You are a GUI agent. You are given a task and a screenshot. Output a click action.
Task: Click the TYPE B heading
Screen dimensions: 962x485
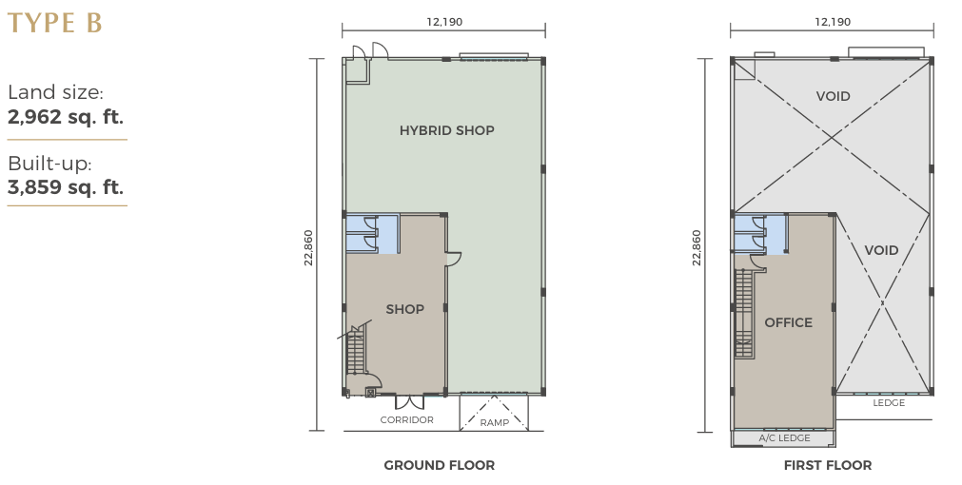point(54,23)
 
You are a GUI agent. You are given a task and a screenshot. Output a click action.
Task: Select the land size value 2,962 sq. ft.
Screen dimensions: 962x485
point(66,117)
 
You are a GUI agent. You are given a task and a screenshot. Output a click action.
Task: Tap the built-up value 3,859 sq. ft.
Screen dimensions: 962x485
point(66,187)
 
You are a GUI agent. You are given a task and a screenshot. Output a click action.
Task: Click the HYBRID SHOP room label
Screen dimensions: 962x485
point(446,130)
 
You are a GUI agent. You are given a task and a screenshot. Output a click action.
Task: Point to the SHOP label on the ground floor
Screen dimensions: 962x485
point(405,309)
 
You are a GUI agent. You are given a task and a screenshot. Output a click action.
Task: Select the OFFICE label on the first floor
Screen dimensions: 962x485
point(789,322)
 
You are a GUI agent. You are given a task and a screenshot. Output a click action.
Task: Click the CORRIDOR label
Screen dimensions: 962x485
point(406,420)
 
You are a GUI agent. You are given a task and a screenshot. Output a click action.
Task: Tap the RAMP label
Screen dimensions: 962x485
point(495,422)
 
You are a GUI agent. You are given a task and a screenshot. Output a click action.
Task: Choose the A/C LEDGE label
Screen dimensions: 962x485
point(785,437)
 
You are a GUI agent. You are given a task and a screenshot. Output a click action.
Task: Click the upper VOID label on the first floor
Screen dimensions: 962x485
point(834,96)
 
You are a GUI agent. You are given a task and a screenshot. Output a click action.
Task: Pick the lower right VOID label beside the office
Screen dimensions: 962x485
point(882,250)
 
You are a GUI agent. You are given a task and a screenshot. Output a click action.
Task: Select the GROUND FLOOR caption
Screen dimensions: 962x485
point(440,465)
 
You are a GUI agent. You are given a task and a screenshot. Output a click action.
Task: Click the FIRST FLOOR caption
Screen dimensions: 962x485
point(828,465)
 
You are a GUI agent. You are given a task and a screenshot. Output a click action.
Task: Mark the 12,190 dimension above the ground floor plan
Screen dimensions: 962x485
point(444,22)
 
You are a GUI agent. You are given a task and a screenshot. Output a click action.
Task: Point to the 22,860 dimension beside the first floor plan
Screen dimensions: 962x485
point(697,247)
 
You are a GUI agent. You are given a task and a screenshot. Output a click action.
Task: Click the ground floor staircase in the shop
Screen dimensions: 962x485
point(356,350)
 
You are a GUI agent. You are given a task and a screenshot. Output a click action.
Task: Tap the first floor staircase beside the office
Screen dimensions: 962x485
point(743,313)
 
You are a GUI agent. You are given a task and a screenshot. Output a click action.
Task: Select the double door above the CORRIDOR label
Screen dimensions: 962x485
point(409,402)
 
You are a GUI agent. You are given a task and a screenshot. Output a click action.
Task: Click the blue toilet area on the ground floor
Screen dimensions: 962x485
point(372,234)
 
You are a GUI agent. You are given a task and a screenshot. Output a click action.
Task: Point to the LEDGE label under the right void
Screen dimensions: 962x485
point(889,403)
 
